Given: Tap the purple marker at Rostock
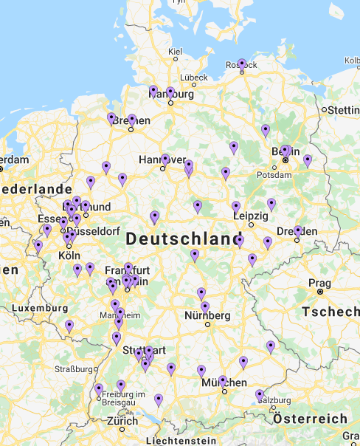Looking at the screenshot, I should pos(242,64).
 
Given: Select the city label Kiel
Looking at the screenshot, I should pos(175,51).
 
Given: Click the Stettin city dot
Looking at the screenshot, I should pos(324,110).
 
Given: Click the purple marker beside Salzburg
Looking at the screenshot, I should pos(260,395).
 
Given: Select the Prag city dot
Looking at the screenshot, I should pos(320,292).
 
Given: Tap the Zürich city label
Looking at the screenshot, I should pos(122,421).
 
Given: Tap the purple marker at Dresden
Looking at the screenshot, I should pos(298,231).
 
